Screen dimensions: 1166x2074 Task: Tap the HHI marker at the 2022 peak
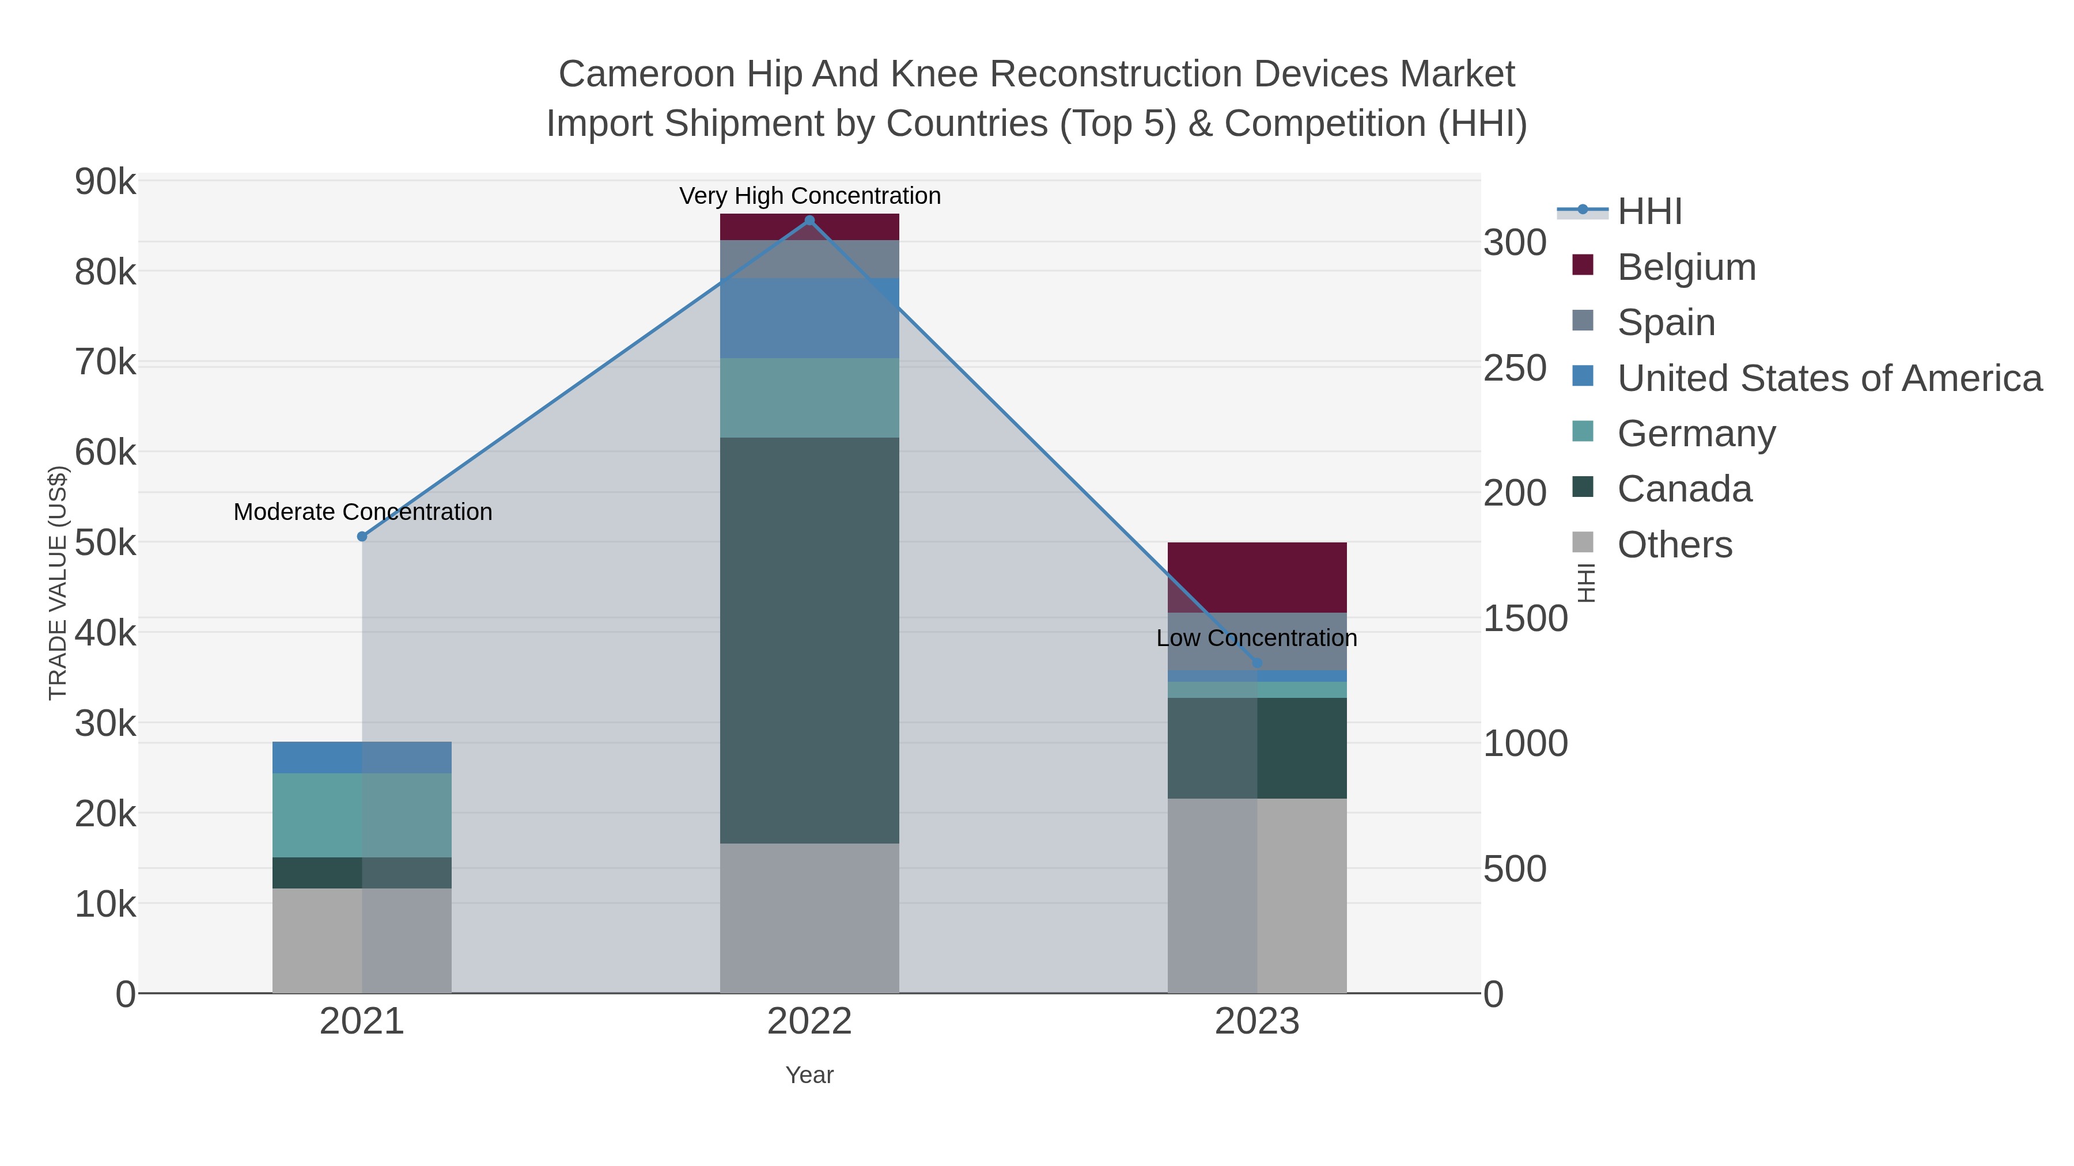click(809, 221)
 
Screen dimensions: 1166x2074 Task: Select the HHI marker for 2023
click(1257, 663)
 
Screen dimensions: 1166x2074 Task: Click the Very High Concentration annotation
click(809, 196)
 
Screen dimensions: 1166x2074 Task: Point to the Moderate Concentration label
click(362, 512)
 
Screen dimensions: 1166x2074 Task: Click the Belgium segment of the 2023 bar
click(1257, 578)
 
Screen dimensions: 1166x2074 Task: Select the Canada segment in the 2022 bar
click(809, 640)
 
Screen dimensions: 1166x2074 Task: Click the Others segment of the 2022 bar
click(809, 918)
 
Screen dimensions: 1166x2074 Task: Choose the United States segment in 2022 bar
click(809, 318)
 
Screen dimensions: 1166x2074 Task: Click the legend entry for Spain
click(1666, 322)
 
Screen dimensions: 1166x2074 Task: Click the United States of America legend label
click(1829, 378)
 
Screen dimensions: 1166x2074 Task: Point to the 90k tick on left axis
click(105, 183)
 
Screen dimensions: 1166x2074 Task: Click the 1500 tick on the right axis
click(1525, 619)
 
